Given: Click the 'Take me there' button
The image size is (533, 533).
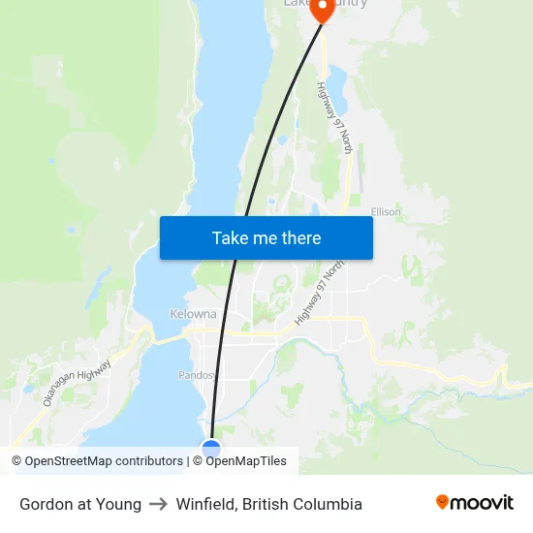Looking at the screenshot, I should click(x=266, y=237).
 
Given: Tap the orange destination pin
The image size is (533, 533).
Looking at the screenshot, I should click(x=321, y=8).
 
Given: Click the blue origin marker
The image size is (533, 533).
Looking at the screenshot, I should click(x=211, y=450).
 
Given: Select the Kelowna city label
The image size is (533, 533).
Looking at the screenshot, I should click(x=193, y=314).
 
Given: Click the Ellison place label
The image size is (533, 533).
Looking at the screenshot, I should click(x=386, y=212).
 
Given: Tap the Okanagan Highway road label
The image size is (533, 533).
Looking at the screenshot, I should click(x=78, y=382).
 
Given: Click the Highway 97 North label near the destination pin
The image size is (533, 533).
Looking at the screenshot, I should click(x=334, y=117).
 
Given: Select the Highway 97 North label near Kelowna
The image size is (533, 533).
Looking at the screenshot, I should click(x=321, y=291).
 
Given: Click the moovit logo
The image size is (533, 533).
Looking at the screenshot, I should click(x=474, y=503).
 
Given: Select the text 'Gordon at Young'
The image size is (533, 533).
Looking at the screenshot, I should click(x=80, y=504).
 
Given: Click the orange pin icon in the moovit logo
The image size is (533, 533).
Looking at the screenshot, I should click(x=442, y=502).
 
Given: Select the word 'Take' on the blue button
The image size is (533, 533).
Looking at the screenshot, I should click(x=229, y=237).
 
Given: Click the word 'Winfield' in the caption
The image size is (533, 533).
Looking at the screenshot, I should click(x=206, y=504).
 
